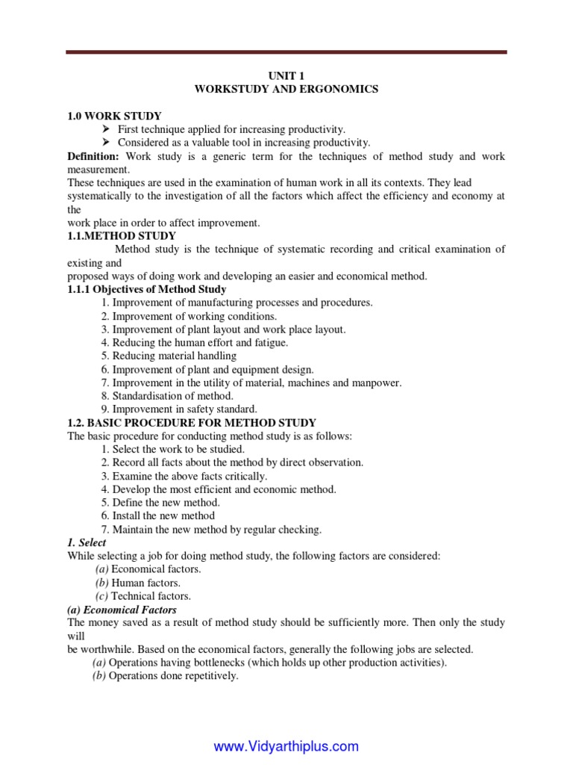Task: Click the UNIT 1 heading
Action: (x=286, y=75)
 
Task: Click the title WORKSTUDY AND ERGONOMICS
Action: (x=286, y=89)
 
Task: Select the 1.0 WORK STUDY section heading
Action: (x=113, y=116)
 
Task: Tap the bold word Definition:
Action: (x=93, y=156)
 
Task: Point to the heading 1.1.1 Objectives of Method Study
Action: (x=147, y=289)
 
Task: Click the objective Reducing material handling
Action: (x=169, y=356)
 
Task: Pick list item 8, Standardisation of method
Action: (x=167, y=396)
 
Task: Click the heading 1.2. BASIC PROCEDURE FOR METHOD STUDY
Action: (x=192, y=423)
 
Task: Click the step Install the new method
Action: (x=157, y=515)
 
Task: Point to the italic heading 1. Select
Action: (x=87, y=542)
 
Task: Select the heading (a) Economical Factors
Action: (x=122, y=610)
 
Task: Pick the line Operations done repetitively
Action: (x=165, y=676)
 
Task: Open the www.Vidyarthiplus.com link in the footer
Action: (x=286, y=746)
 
